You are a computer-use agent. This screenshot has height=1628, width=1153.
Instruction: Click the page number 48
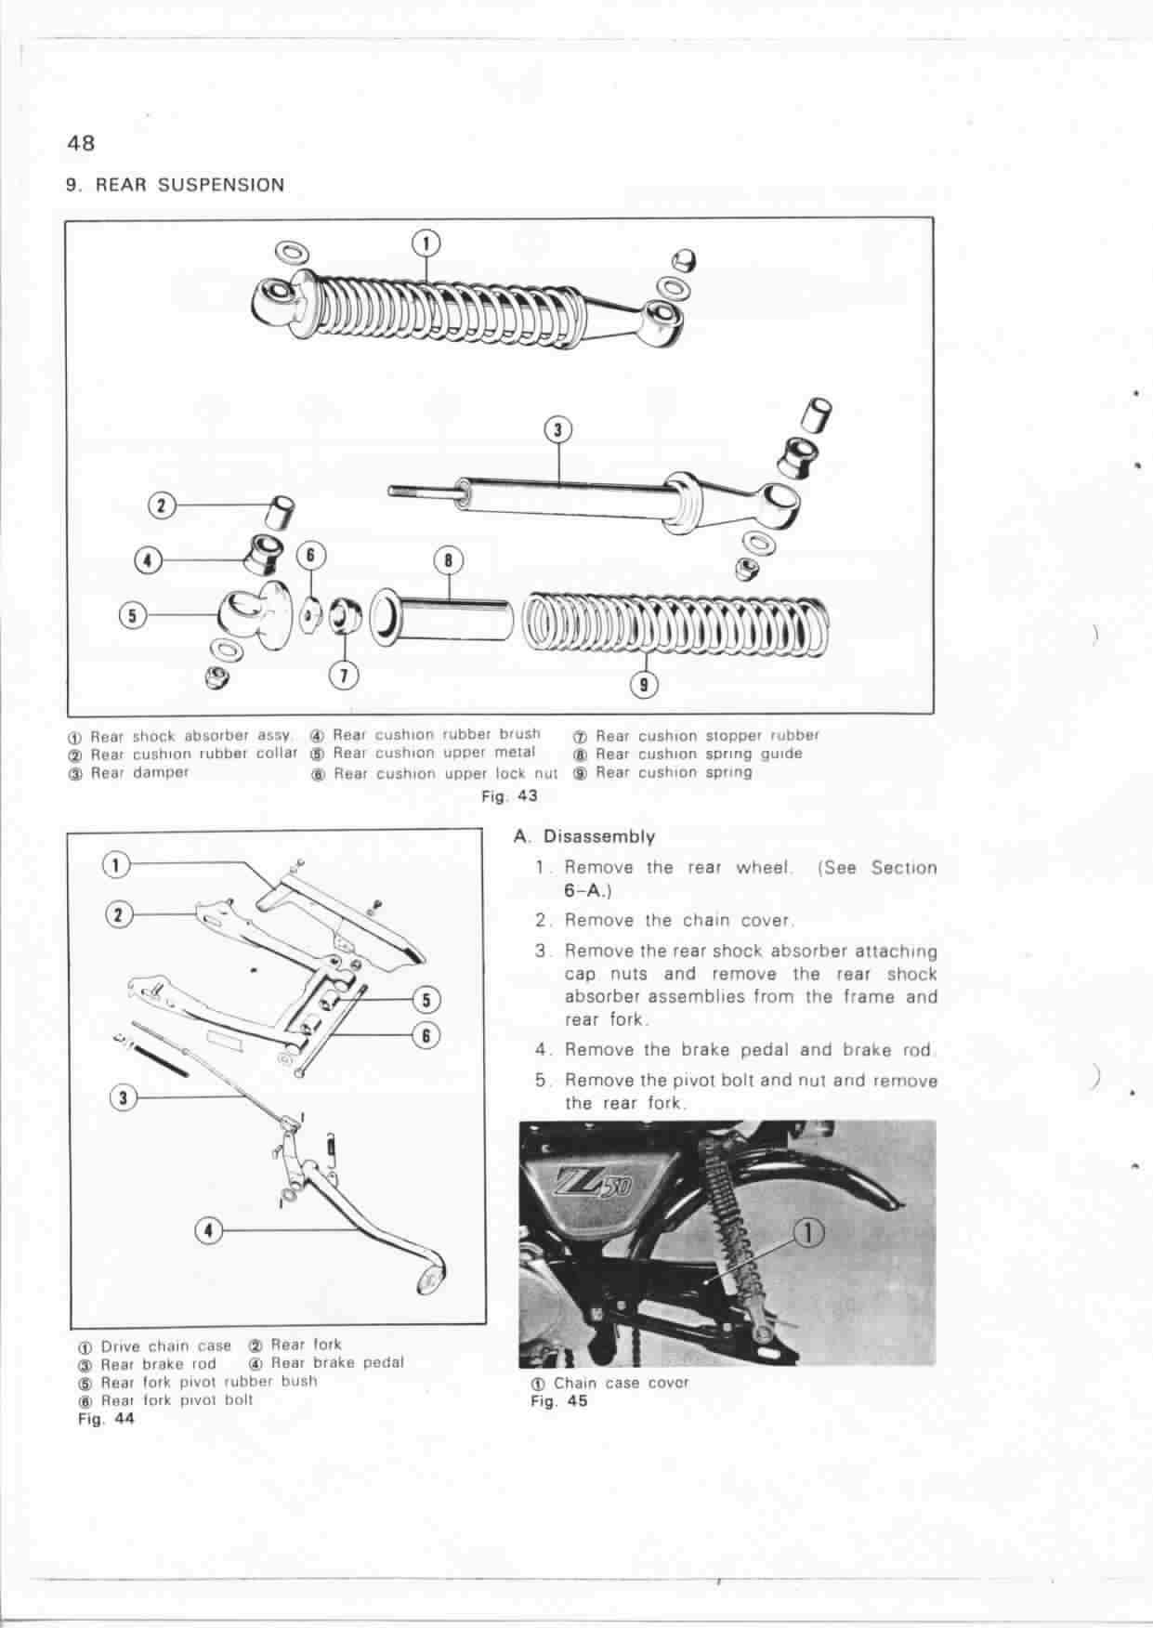[81, 144]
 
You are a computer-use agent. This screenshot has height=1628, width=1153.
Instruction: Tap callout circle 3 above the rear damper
[557, 429]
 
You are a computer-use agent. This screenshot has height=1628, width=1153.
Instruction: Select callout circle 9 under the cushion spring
[645, 686]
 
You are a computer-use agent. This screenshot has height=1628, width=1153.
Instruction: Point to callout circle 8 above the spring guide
[449, 559]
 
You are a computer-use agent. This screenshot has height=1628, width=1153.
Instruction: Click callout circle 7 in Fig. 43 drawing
[344, 676]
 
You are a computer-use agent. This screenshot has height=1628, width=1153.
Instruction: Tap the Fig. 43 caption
[509, 796]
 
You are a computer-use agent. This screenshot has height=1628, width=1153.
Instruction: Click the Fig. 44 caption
[106, 1419]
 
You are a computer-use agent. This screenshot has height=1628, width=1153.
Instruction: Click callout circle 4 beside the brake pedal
[209, 1230]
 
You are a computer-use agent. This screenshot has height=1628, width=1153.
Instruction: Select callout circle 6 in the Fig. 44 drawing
[425, 1034]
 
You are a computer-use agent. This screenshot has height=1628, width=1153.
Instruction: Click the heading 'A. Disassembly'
[584, 836]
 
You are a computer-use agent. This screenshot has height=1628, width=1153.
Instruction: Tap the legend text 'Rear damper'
[139, 772]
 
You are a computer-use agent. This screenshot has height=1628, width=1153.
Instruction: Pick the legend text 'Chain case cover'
[621, 1383]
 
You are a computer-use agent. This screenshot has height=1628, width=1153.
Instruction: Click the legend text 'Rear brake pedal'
[337, 1363]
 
